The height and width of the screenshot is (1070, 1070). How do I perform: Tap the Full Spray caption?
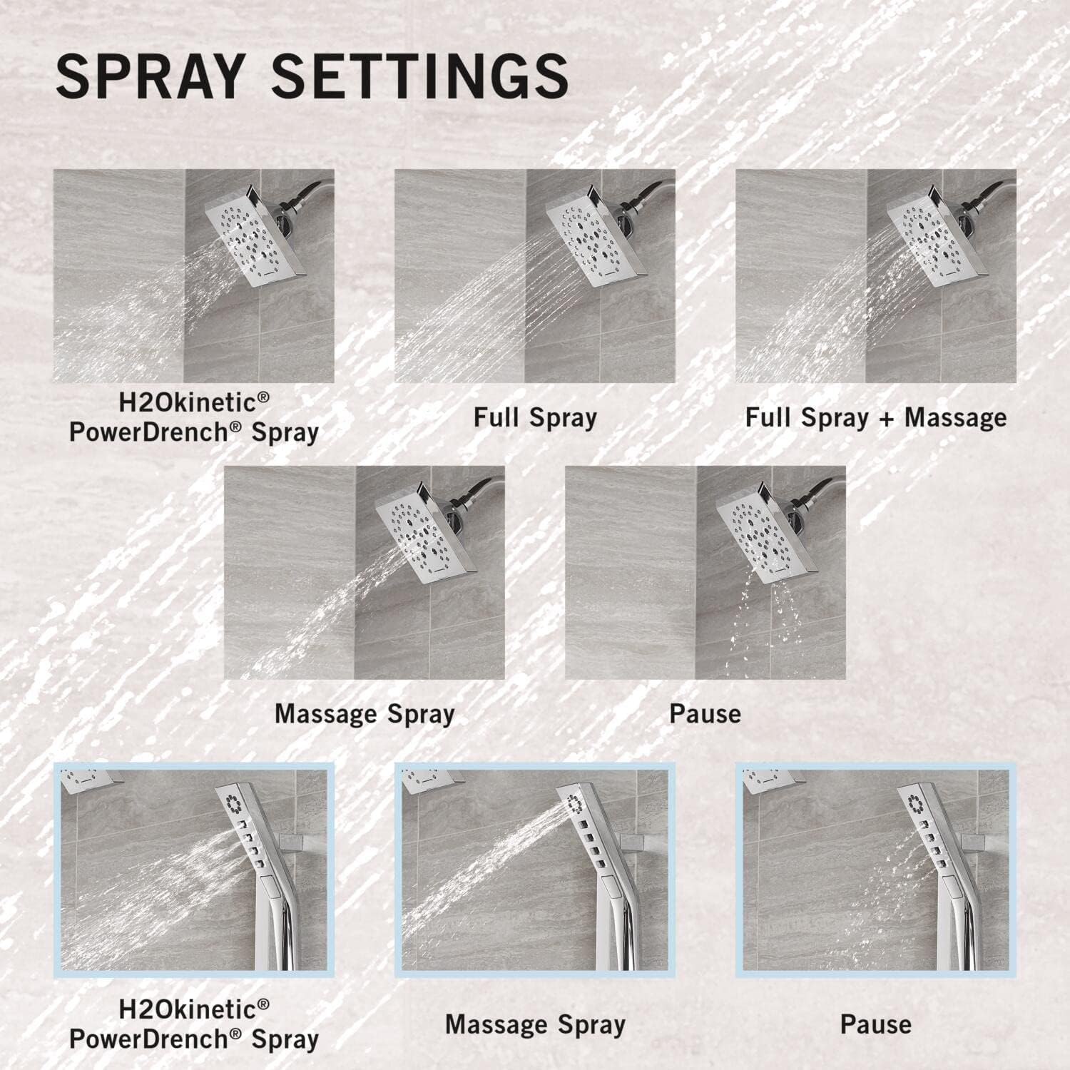(535, 417)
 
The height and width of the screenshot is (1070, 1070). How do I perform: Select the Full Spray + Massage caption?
(876, 417)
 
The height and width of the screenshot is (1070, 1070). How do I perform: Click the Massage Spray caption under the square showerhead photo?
(365, 714)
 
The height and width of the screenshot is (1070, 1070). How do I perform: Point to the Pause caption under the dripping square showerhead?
(705, 714)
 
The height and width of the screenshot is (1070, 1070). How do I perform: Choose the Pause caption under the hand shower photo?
(876, 1024)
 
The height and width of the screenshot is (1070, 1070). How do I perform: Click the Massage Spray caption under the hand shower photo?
(535, 1025)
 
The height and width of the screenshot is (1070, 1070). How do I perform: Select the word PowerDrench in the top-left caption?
(166, 432)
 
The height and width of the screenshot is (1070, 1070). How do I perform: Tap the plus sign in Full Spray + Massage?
(885, 419)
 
